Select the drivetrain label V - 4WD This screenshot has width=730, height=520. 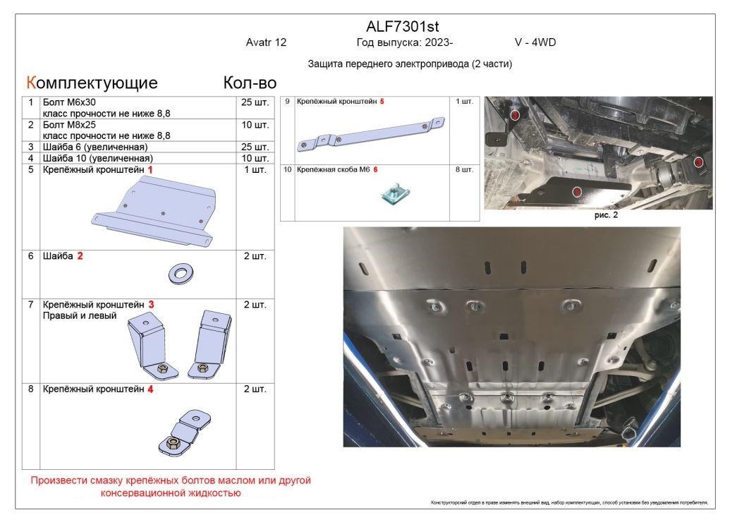pos(535,42)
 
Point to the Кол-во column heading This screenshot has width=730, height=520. pos(250,83)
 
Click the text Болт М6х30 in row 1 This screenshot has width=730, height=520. pos(69,102)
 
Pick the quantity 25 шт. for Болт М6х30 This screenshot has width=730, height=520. pos(255,103)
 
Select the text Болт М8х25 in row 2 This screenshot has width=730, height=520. pos(69,125)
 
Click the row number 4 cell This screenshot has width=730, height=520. pos(31,158)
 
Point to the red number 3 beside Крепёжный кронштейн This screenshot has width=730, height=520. pos(151,304)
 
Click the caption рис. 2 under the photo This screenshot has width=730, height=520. pos(606,215)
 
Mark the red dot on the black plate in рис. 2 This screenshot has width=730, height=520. pos(576,191)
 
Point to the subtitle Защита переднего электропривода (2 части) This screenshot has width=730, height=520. pos(410,64)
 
